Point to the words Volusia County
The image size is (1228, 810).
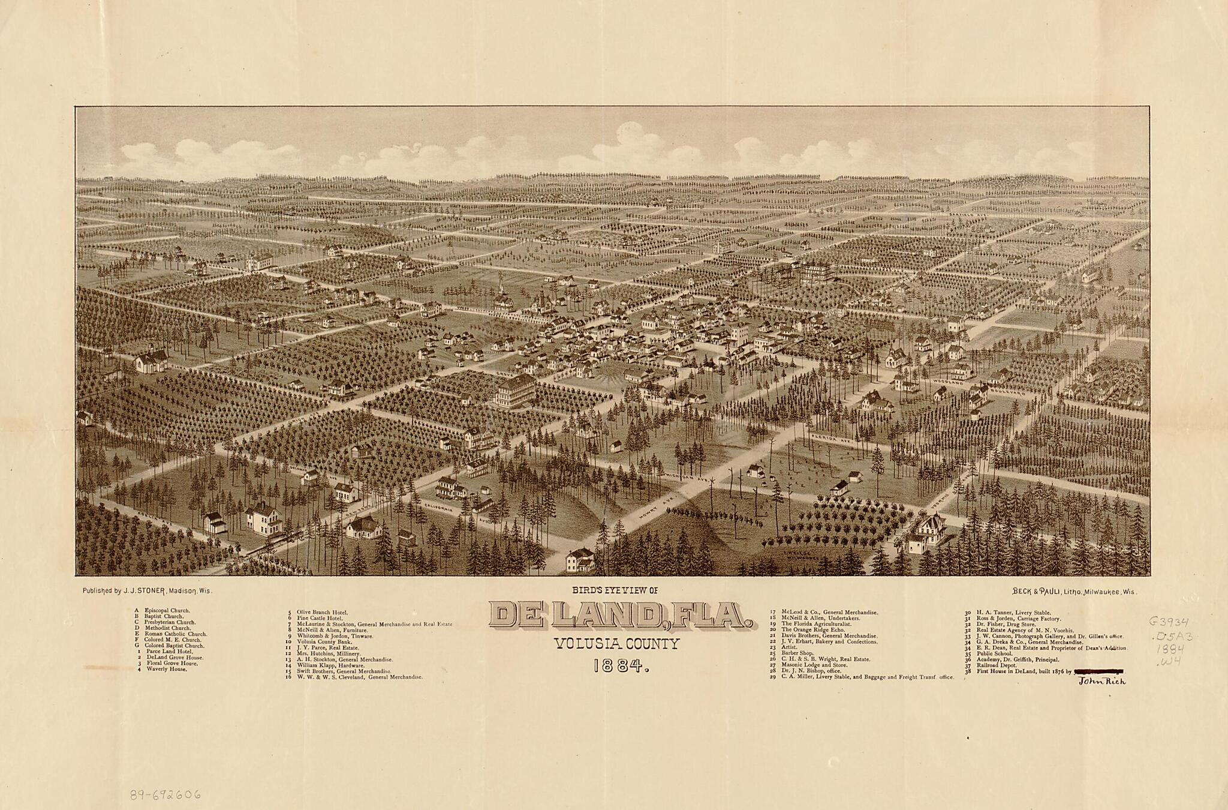pyautogui.click(x=617, y=645)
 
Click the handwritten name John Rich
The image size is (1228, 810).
pyautogui.click(x=1102, y=682)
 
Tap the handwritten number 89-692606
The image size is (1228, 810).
pyautogui.click(x=165, y=795)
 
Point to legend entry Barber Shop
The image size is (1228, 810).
pyautogui.click(x=797, y=653)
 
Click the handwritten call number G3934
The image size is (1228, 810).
pyautogui.click(x=1169, y=622)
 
